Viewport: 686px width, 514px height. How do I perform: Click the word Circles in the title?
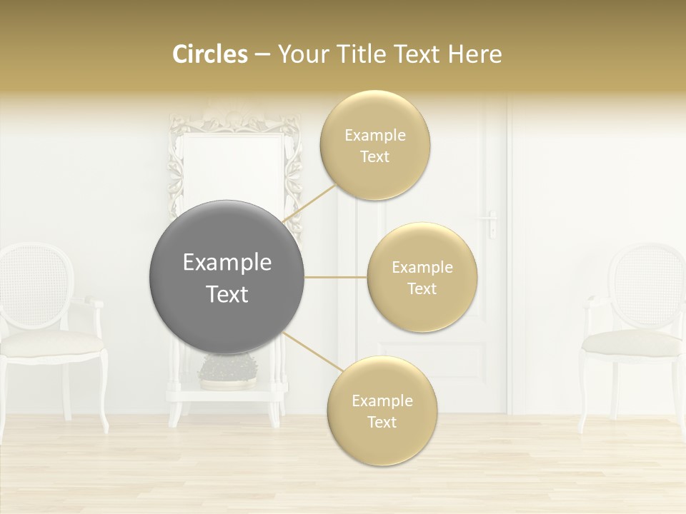(209, 54)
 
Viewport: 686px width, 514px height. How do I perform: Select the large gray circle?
(227, 277)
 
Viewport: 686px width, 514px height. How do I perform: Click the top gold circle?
(375, 146)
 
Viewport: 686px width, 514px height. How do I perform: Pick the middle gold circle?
(422, 278)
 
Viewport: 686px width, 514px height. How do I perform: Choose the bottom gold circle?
(382, 411)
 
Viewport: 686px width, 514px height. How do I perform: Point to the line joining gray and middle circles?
(336, 277)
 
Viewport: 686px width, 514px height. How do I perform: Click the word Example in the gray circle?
(227, 263)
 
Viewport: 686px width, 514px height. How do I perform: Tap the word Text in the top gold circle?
(375, 157)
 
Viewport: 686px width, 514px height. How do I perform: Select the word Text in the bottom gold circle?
(382, 423)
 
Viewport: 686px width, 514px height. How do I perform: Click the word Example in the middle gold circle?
(422, 268)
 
